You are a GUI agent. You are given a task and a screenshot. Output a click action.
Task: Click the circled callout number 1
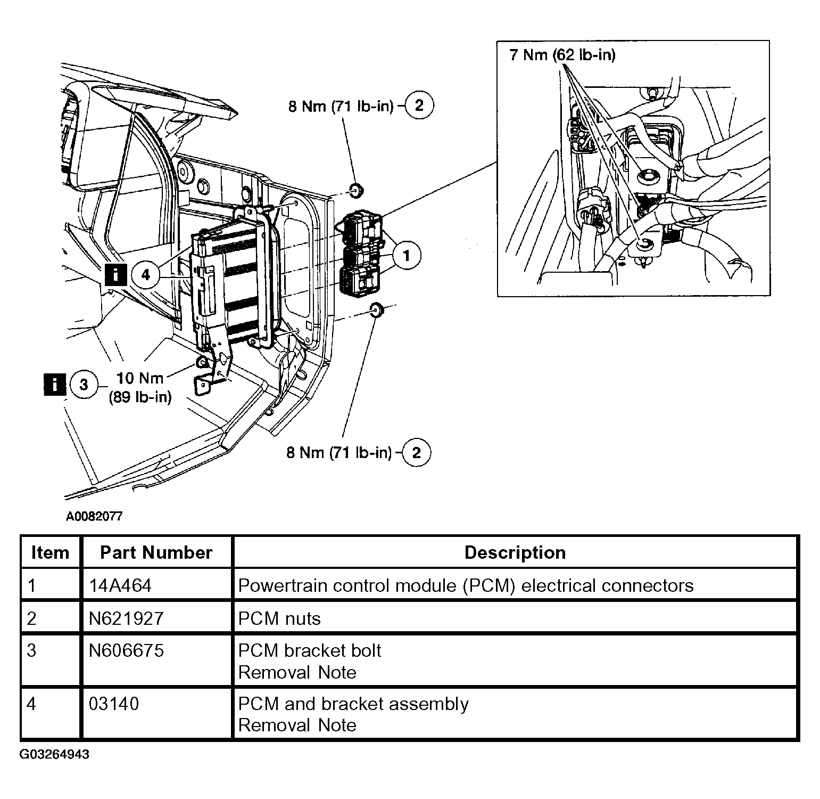[x=406, y=256]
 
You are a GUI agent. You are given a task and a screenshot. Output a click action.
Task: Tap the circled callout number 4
[x=145, y=275]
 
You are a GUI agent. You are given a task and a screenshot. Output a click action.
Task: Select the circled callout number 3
[x=84, y=384]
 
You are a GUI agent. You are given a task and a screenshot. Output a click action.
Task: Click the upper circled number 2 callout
[x=419, y=105]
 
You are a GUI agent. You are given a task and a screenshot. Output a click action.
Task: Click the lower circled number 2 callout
[x=416, y=453]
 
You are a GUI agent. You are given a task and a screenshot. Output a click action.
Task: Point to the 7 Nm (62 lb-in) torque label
[x=562, y=55]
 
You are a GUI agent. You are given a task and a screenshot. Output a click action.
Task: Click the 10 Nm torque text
[x=139, y=378]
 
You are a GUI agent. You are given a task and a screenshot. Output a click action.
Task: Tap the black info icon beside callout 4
[x=115, y=275]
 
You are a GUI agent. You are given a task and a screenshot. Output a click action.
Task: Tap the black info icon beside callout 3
[x=54, y=384]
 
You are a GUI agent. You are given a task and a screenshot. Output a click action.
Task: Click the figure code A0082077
[x=94, y=516]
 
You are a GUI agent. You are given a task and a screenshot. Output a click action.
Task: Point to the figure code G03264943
[x=55, y=755]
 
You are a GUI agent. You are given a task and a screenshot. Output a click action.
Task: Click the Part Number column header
[x=156, y=552]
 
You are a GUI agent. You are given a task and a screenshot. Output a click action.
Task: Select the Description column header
[x=515, y=552]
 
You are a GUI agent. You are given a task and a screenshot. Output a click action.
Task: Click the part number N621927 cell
[x=126, y=618]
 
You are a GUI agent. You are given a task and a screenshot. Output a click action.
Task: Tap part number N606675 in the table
[x=126, y=650]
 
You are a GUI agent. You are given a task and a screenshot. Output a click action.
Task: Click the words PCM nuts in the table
[x=279, y=618]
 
